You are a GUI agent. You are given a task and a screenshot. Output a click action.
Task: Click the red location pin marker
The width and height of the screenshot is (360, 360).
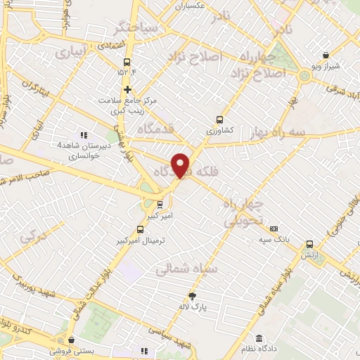pos(181,165)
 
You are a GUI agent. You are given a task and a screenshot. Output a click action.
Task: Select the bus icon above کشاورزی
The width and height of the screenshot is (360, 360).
pos(220,120)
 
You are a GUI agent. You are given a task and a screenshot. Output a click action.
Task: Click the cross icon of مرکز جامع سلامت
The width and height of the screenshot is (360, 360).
pos(127,89)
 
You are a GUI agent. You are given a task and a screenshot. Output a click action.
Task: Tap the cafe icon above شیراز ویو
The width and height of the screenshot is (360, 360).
pos(326,56)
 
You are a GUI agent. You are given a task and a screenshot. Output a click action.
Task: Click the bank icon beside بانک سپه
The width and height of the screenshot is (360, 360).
pos(274,228)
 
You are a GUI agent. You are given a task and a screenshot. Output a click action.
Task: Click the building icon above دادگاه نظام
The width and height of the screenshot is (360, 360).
pos(259,339)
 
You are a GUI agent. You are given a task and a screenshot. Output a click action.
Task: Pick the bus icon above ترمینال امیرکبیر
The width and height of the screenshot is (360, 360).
pos(140,229)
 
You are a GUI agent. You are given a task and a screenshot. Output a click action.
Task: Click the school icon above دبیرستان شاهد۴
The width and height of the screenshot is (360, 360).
pos(84,135)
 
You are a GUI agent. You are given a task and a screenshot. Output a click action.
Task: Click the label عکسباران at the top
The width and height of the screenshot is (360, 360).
pos(190,6)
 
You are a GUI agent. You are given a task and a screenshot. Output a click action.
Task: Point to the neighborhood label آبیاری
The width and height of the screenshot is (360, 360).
pos(72,52)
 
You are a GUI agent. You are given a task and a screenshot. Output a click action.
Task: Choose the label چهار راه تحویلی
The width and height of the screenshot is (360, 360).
pos(244,212)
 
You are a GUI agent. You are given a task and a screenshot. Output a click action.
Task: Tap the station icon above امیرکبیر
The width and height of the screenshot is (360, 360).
pos(160,205)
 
